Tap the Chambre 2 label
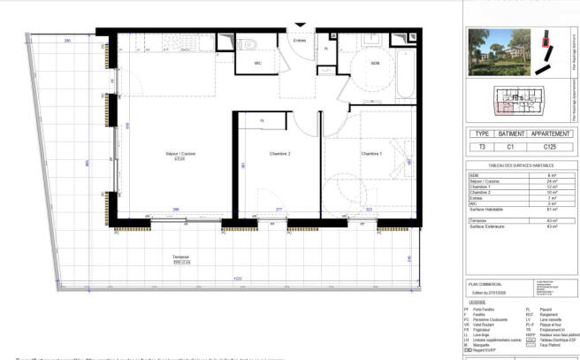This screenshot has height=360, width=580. (x=280, y=155)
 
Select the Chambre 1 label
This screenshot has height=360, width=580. (x=371, y=155)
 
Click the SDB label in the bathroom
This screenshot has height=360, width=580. (x=375, y=63)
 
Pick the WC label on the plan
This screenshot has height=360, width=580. (x=259, y=64)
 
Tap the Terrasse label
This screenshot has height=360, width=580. (x=180, y=257)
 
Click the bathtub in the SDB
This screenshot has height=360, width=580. (x=405, y=66)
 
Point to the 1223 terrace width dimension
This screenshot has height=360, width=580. (x=213, y=280)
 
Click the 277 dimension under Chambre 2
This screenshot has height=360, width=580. (x=279, y=210)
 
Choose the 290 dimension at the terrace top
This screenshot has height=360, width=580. (x=66, y=42)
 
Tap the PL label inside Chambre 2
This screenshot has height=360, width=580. (x=262, y=121)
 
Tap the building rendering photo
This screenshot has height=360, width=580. (x=500, y=52)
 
